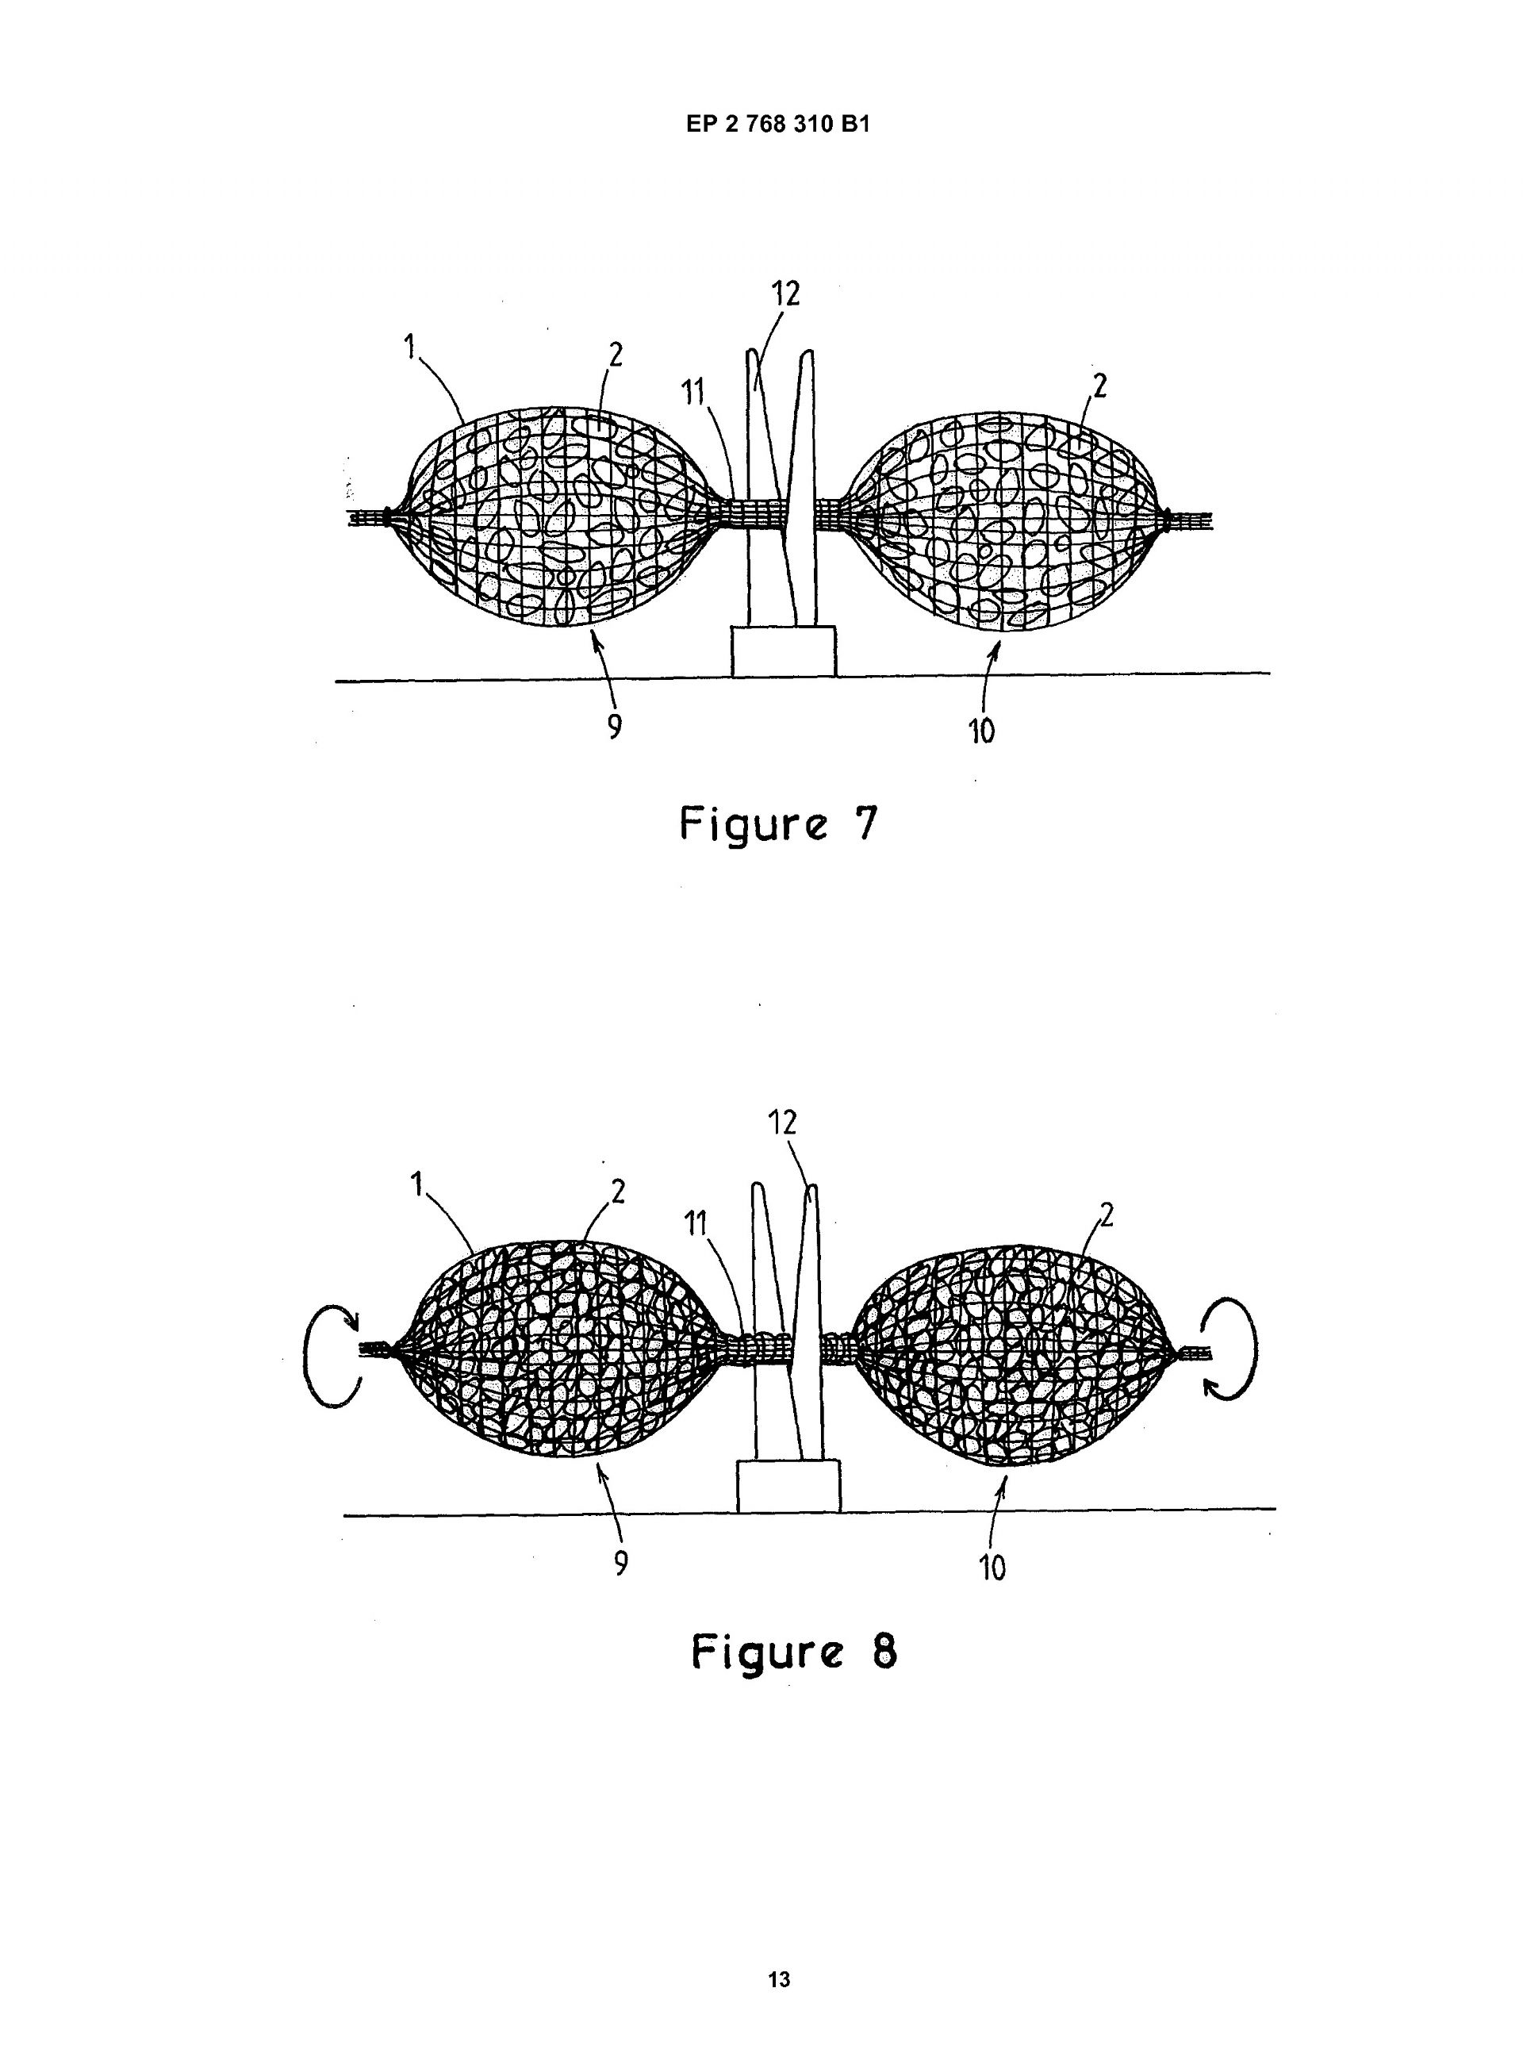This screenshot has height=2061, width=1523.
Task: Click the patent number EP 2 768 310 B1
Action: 778,125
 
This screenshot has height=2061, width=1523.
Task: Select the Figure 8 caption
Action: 794,1652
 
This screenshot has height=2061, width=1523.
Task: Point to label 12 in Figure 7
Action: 785,293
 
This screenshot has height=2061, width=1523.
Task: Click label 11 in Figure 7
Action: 692,393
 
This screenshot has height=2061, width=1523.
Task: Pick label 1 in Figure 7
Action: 409,347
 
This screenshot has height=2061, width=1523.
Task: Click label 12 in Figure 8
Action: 782,1123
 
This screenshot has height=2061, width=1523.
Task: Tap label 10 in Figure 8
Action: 992,1568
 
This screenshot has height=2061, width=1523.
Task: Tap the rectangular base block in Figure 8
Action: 789,1486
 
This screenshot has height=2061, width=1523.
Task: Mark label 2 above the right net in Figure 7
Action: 1098,386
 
